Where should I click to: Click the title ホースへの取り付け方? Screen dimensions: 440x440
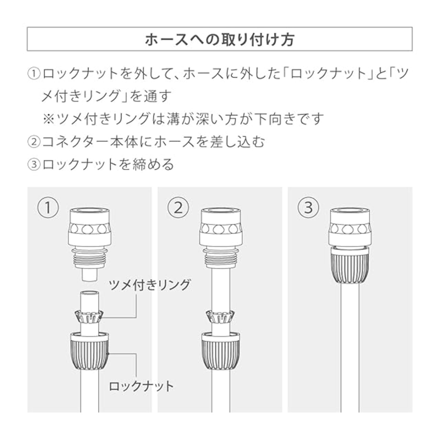(220, 40)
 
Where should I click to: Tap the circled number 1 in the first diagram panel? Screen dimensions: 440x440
(48, 208)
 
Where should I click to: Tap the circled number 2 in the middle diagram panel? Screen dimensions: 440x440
(178, 208)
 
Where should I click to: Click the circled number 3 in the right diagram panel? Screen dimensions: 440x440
(308, 208)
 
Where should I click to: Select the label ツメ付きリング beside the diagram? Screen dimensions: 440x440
(149, 285)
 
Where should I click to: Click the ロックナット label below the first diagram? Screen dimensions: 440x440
(141, 386)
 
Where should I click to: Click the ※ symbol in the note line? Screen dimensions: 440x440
(48, 119)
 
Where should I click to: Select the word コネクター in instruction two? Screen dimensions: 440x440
(76, 142)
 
